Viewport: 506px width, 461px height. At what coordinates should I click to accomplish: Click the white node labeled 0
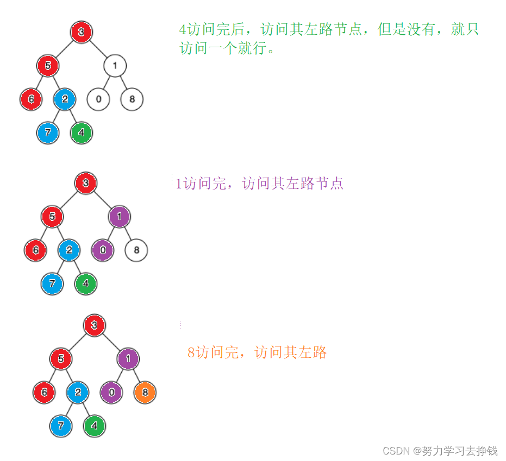pos(98,99)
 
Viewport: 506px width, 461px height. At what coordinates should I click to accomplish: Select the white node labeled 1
pos(115,66)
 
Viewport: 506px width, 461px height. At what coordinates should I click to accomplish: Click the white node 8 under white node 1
pos(132,99)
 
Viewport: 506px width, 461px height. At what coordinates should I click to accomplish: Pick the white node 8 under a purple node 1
pos(136,250)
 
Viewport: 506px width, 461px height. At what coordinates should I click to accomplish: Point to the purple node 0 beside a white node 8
pos(102,250)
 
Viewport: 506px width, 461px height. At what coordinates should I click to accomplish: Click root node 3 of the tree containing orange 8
pos(94,325)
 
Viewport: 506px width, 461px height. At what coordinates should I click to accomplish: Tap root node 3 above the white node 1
pos(82,32)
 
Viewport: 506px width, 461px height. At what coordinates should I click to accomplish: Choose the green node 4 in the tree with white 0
pos(82,132)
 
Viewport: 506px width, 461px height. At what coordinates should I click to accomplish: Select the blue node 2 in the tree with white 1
pos(65,99)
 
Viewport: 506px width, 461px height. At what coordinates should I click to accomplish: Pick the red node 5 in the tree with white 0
pos(48,66)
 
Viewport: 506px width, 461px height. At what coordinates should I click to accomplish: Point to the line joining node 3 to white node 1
pos(98,49)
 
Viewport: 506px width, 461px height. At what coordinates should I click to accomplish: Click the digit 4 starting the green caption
pos(183,30)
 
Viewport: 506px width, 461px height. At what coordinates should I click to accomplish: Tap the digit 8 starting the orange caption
pos(191,352)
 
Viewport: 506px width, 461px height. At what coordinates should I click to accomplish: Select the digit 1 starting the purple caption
pos(178,184)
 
